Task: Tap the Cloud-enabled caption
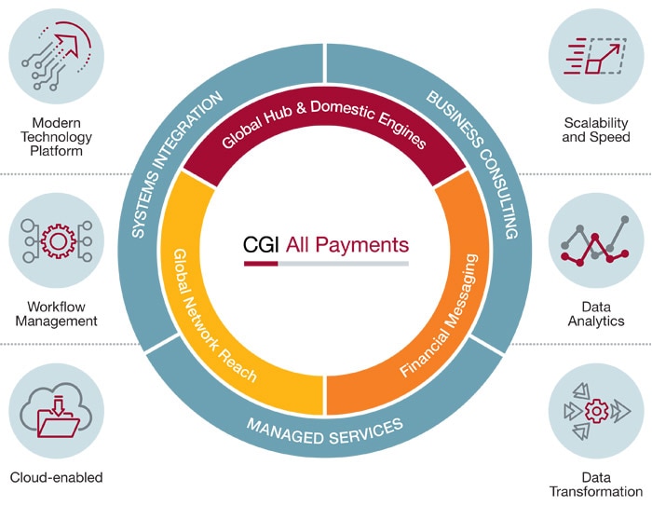[55, 478]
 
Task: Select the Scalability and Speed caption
[597, 130]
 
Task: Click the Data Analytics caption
[597, 313]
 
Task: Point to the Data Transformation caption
[597, 484]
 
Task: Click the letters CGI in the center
[260, 246]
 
